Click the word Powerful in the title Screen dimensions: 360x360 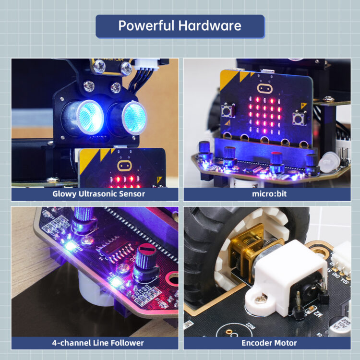(x=146, y=25)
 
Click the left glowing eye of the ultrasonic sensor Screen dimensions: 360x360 (x=89, y=115)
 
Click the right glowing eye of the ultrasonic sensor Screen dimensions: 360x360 (x=133, y=117)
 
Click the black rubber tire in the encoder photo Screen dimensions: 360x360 (x=202, y=250)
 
